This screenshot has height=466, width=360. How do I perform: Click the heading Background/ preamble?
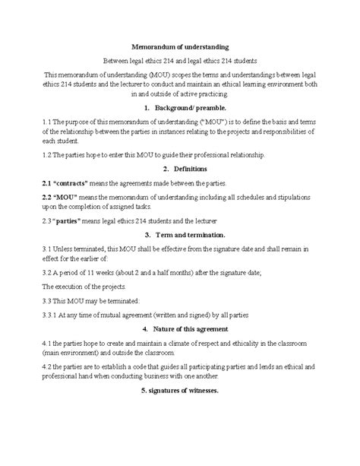pos(183,109)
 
